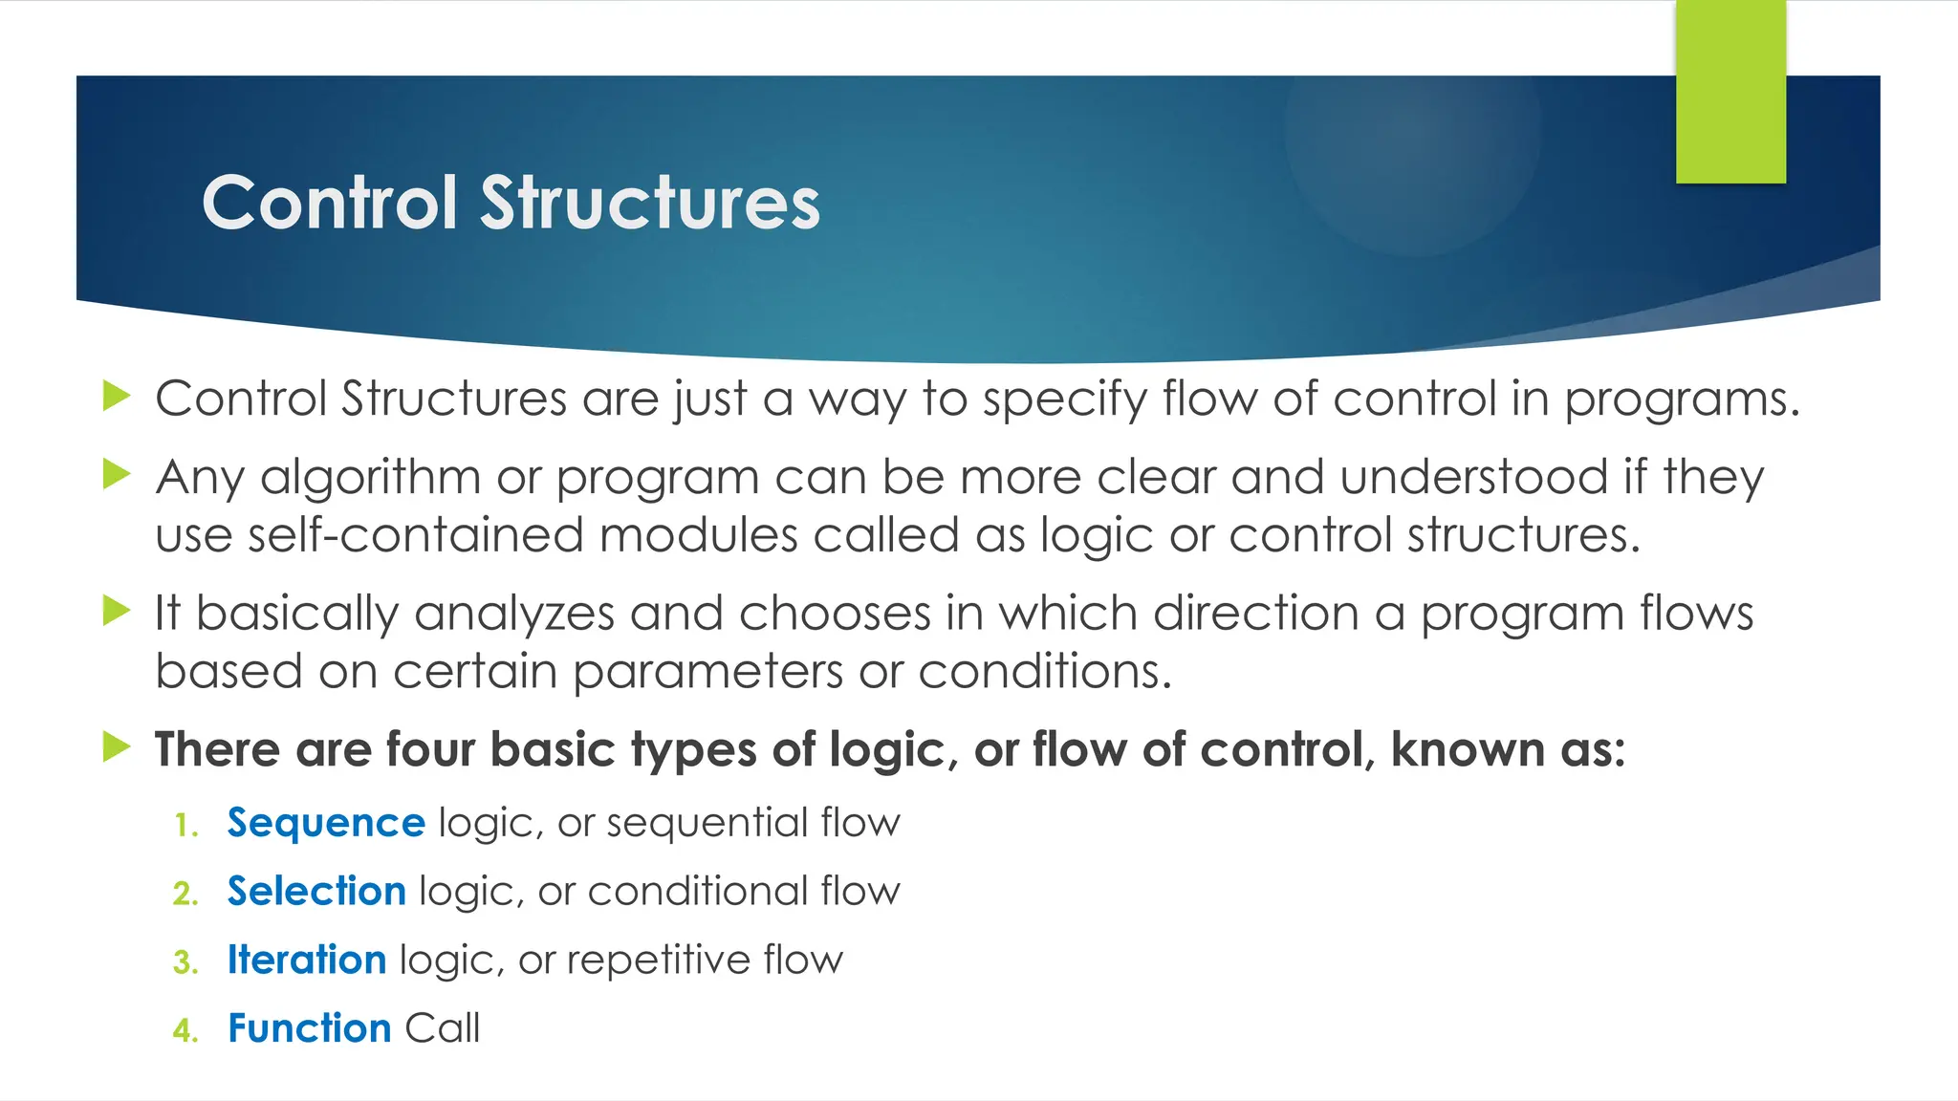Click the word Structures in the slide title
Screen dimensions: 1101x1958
click(x=650, y=203)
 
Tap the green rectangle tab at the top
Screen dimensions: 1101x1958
click(x=1730, y=91)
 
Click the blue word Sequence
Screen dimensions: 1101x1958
click(x=326, y=823)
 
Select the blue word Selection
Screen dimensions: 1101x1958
click(x=316, y=892)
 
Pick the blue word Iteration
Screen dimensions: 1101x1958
click(x=307, y=960)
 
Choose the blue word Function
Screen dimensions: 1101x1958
click(x=310, y=1028)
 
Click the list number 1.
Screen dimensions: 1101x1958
click(x=185, y=825)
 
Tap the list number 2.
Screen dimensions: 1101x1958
click(x=185, y=894)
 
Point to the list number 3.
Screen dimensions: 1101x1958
click(x=185, y=962)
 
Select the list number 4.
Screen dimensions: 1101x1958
click(x=185, y=1030)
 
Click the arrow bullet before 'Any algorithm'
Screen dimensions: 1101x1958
click(x=116, y=473)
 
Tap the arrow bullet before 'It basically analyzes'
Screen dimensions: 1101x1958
click(x=116, y=610)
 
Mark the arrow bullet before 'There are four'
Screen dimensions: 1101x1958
click(x=116, y=746)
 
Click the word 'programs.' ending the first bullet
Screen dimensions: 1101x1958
click(x=1682, y=399)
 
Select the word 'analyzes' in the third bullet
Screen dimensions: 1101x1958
click(x=514, y=614)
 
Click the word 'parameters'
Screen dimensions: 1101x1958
click(x=707, y=672)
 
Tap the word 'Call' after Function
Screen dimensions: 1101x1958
click(x=442, y=1028)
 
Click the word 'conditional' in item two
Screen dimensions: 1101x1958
click(x=697, y=892)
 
